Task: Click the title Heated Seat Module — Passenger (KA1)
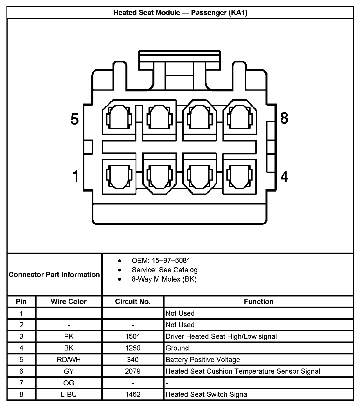tap(180, 13)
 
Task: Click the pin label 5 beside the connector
tap(75, 119)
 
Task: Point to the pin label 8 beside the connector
tap(284, 118)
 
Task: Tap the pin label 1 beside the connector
tap(75, 176)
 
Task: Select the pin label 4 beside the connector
tap(284, 177)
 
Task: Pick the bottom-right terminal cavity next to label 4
tap(239, 177)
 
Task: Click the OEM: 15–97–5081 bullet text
tap(161, 260)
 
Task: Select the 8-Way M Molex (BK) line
tap(164, 279)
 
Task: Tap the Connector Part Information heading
tap(54, 275)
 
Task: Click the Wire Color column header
tap(69, 302)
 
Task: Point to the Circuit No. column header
tap(133, 302)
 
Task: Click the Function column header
tap(258, 302)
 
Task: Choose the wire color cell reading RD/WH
tap(69, 360)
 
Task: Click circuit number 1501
tap(133, 336)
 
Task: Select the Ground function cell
tap(177, 348)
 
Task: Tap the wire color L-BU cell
tap(69, 394)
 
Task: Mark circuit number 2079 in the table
tap(133, 371)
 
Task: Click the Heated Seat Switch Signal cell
tap(207, 394)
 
